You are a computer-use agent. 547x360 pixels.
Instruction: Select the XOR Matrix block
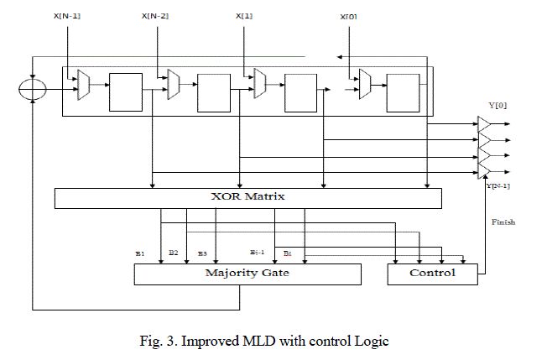pos(247,198)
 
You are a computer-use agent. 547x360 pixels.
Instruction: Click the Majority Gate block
pos(247,274)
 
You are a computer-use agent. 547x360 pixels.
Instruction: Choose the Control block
pos(432,274)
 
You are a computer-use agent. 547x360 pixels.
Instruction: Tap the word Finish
pos(503,223)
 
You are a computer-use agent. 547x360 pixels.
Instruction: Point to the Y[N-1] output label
pos(498,185)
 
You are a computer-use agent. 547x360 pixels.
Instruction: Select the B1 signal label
pos(140,252)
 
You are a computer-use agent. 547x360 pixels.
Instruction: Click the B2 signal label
pos(173,252)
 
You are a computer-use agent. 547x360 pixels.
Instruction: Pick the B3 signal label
pos(202,252)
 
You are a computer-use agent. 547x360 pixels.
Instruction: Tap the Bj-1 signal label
pos(258,252)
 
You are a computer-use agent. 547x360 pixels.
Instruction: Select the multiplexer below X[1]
pos(258,83)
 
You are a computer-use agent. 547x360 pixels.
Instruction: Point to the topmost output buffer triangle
pos(485,123)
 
